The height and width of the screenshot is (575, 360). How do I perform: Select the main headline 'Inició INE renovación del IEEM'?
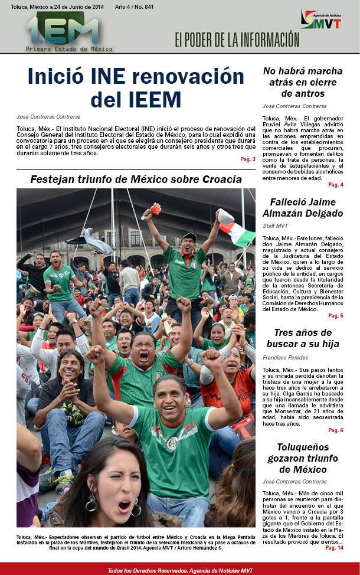click(x=136, y=87)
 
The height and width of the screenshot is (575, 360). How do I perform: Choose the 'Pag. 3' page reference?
click(x=247, y=159)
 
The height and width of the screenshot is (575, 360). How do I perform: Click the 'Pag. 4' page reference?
click(x=335, y=185)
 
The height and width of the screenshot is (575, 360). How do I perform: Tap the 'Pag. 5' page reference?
click(x=335, y=316)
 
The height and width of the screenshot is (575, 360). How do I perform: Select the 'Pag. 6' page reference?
click(x=335, y=430)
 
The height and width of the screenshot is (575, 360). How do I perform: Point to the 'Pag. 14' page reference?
click(x=333, y=548)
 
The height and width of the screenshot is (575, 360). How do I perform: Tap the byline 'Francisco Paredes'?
click(x=286, y=358)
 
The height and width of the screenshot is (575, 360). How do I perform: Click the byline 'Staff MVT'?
click(x=276, y=226)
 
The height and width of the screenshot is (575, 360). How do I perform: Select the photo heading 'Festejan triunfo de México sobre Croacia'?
click(x=136, y=179)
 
